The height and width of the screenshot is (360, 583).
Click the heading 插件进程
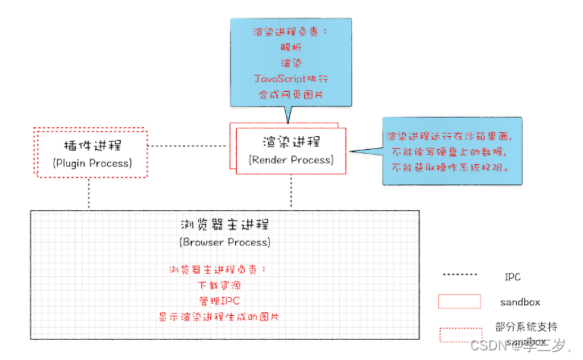point(92,147)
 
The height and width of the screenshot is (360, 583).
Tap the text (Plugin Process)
point(92,163)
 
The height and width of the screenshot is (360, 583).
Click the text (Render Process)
point(291,159)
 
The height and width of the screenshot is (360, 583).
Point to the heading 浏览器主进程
point(225,224)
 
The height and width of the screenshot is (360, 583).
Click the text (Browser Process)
point(225,242)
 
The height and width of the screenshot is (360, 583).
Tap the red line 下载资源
point(225,285)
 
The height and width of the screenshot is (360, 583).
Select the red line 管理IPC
point(225,301)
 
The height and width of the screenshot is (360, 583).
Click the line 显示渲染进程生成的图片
point(225,317)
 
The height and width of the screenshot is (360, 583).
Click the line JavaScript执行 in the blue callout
point(291,79)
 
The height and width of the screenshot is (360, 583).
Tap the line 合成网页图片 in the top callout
point(291,94)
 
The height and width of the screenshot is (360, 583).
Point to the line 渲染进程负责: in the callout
point(291,33)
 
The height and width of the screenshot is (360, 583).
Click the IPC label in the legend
point(512,276)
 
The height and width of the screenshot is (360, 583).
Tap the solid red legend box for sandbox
point(460,301)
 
